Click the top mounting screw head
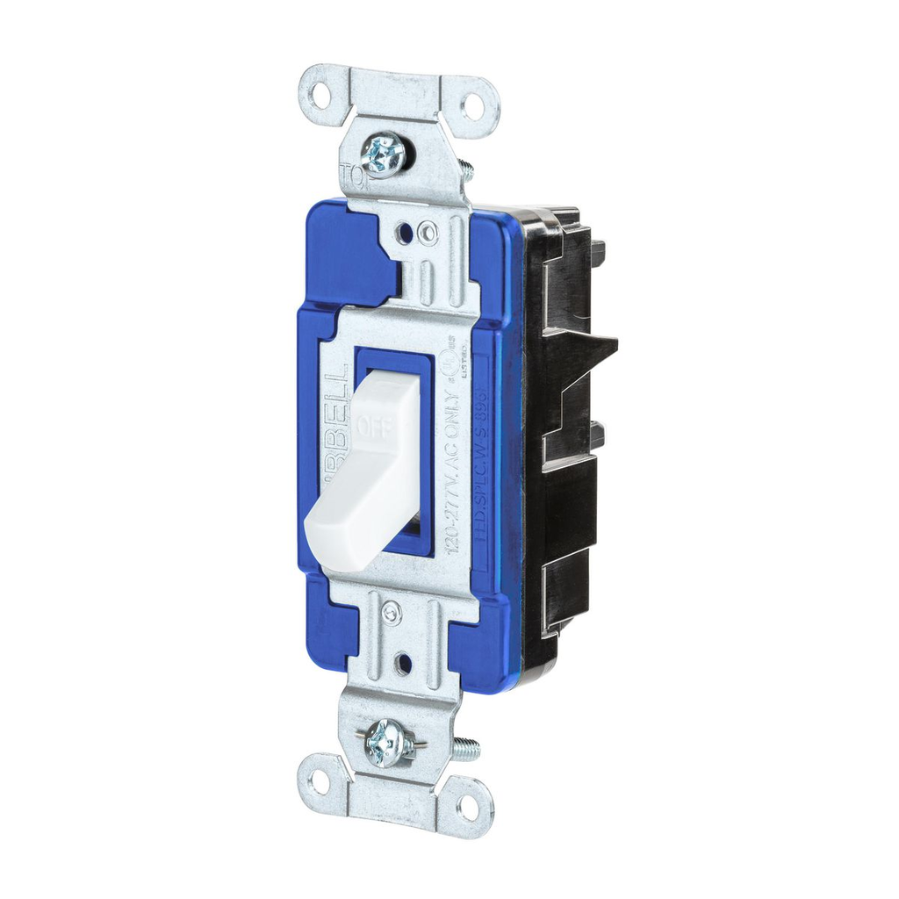click(384, 155)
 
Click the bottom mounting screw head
click(387, 743)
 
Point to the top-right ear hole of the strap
click(471, 107)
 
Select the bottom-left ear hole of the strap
click(318, 780)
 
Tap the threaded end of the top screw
click(465, 169)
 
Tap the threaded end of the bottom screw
click(467, 749)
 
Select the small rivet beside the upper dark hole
click(428, 234)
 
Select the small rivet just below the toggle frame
click(392, 613)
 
